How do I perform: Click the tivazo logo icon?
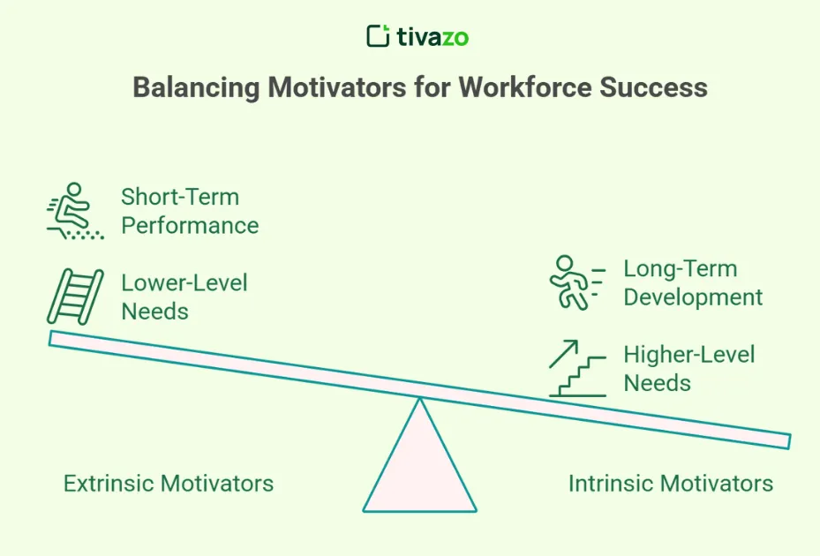[378, 36]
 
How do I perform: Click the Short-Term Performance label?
[190, 211]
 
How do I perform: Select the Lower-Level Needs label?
[184, 297]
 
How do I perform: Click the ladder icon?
[75, 297]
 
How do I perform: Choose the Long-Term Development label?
[693, 282]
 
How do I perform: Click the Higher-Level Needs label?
[688, 369]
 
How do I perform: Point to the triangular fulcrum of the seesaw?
[419, 463]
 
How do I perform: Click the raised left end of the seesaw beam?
[55, 338]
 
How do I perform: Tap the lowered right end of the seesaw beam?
[784, 440]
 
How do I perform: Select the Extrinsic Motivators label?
[169, 484]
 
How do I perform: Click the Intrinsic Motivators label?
[671, 484]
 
